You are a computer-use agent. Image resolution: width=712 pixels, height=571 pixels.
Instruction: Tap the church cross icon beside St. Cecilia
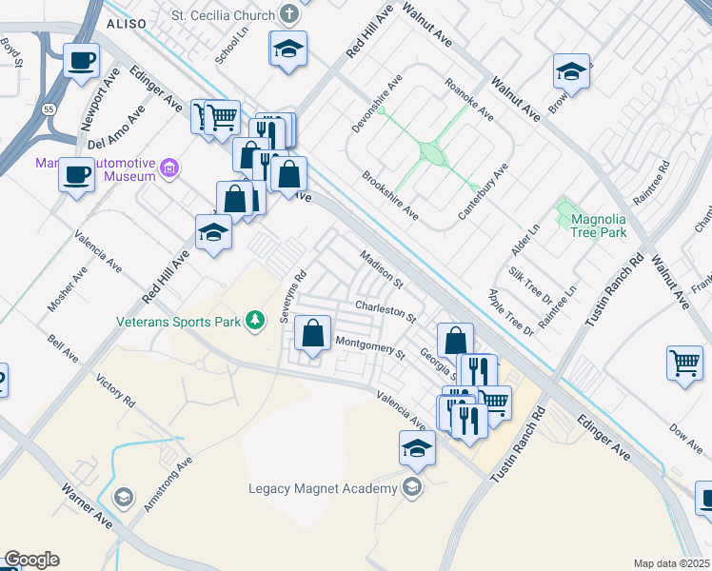pos(291,16)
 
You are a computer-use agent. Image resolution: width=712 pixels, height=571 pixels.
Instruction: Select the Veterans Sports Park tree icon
pos(254,321)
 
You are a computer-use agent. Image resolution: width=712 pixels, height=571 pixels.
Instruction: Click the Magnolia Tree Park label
pos(599,226)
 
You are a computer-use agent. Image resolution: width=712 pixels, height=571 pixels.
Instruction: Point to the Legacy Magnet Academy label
pos(322,489)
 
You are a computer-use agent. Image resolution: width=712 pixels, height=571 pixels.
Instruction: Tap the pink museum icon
pos(169,169)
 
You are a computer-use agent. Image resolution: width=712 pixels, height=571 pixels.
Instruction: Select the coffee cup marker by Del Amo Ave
pos(75,175)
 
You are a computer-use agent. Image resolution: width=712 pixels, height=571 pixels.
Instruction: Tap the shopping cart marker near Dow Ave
pos(683,363)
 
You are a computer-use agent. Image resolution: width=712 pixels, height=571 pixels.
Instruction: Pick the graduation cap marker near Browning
pos(571,70)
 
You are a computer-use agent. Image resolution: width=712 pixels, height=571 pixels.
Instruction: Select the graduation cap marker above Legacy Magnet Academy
pos(417,448)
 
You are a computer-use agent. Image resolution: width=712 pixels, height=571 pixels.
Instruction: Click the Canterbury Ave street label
pos(484,191)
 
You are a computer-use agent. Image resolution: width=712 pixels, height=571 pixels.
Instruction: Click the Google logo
pos(32,560)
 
